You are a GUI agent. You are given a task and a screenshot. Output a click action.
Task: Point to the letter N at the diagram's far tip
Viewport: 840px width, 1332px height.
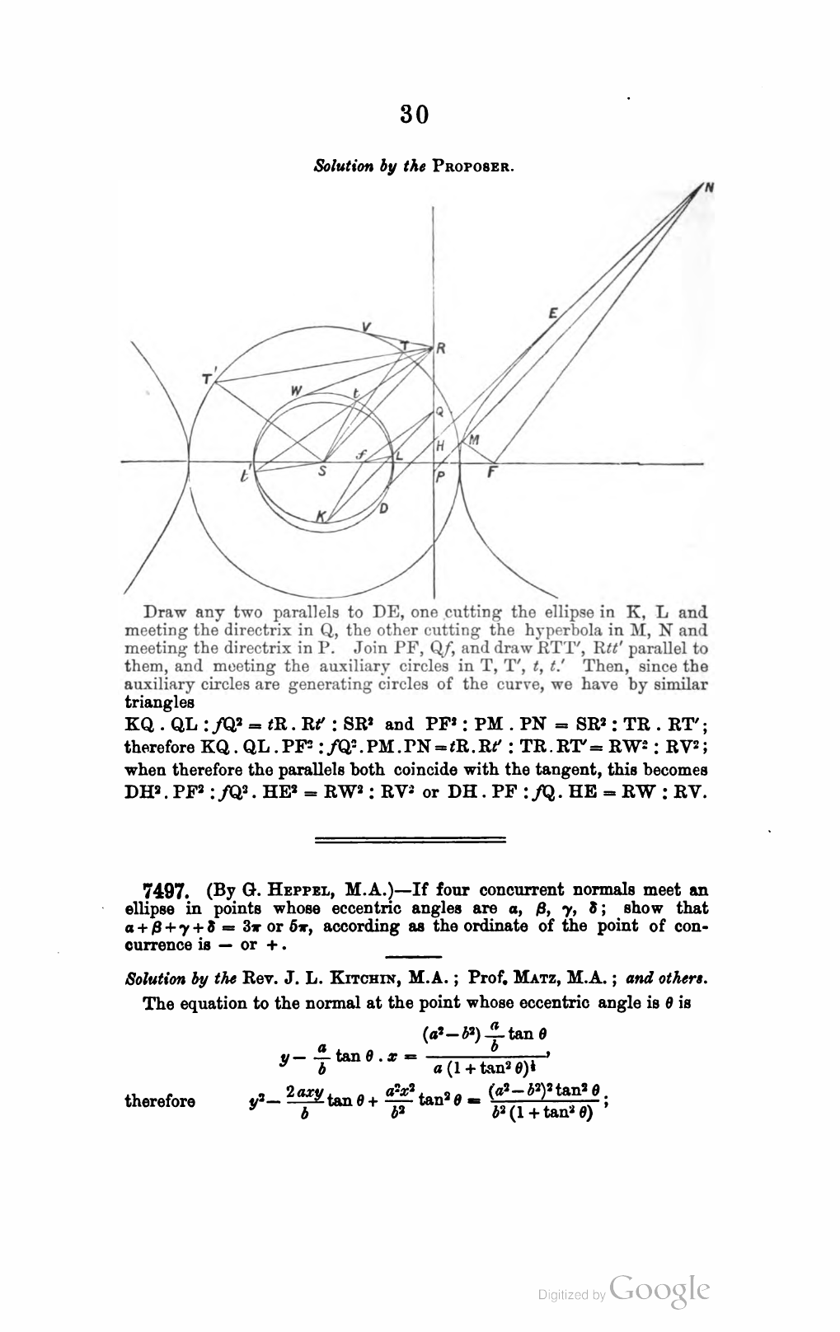click(x=708, y=188)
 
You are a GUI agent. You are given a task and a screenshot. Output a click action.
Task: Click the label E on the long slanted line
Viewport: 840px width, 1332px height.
click(x=553, y=312)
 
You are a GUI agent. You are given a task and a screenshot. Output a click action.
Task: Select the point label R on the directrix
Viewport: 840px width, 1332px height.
click(x=441, y=349)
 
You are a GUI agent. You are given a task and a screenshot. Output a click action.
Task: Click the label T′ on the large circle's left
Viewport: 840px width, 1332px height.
click(x=207, y=378)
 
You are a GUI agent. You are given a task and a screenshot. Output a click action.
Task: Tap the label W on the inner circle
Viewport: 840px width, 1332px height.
click(x=293, y=391)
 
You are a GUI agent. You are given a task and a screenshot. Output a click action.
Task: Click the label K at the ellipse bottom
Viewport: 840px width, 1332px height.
click(x=322, y=515)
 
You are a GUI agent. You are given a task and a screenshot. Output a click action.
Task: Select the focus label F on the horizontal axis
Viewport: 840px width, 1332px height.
click(x=493, y=474)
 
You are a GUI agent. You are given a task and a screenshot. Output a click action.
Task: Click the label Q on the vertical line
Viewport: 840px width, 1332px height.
click(x=439, y=411)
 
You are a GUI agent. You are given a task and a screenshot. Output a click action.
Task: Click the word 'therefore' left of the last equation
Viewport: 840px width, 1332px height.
click(x=159, y=1101)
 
